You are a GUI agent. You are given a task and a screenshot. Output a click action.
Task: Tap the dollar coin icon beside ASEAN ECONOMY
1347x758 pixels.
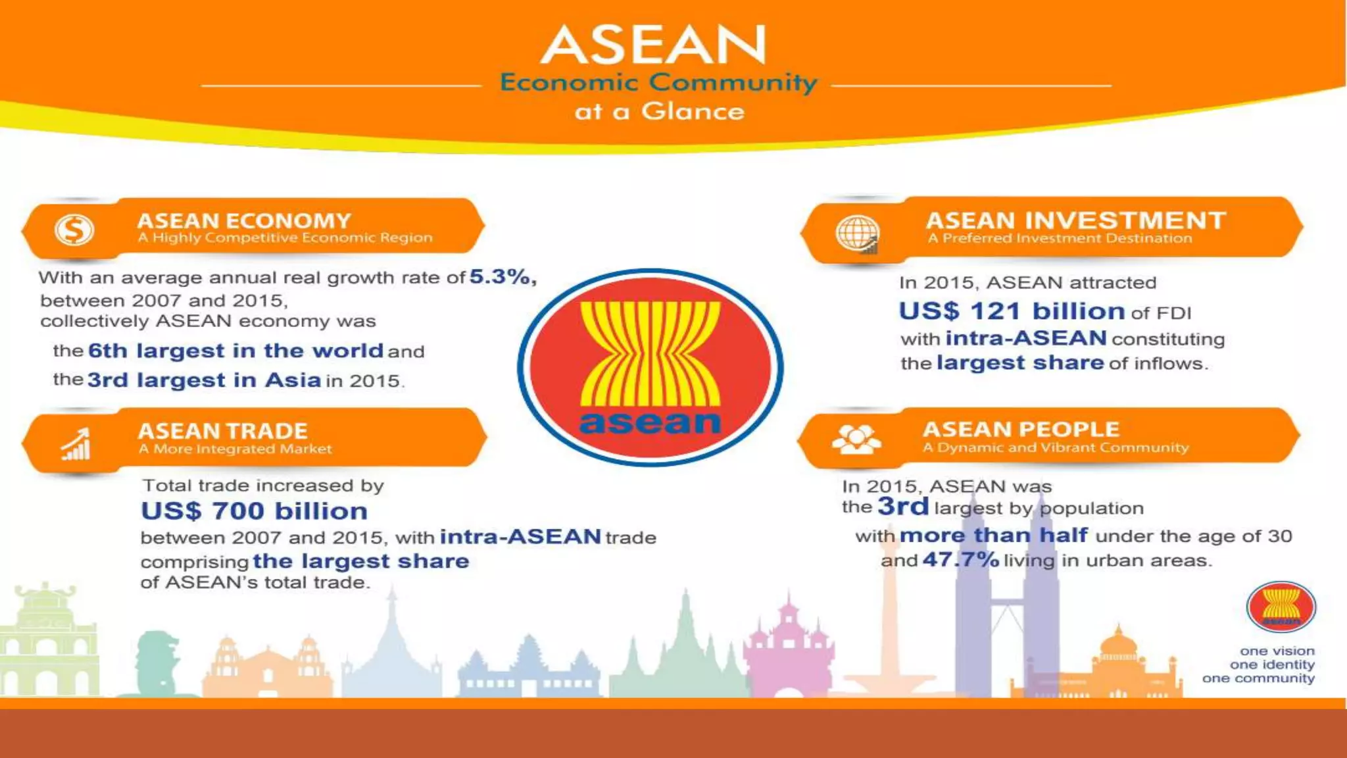[74, 230]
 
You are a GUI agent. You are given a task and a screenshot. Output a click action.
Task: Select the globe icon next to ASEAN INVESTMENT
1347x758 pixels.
[856, 233]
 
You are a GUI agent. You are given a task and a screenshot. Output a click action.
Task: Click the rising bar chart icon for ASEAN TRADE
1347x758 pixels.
[76, 444]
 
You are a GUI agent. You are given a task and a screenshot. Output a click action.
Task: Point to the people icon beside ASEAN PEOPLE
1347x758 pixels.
[856, 439]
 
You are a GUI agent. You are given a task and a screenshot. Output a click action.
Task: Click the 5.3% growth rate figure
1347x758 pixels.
[502, 277]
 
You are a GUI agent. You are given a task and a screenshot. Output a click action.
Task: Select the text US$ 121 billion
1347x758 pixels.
[1012, 311]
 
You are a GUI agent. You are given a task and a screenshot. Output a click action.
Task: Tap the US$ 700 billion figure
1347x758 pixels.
[254, 511]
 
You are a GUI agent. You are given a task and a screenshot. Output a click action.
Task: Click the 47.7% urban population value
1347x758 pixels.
[960, 560]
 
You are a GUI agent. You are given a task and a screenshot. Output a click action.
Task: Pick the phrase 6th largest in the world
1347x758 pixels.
[235, 351]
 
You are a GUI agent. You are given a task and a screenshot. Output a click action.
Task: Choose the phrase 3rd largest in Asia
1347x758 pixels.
[204, 380]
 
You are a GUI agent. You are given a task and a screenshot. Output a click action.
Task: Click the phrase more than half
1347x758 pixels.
[993, 535]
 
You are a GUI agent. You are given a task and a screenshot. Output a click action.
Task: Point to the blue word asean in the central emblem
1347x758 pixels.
[649, 422]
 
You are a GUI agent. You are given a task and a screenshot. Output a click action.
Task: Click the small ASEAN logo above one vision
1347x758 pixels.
[1281, 607]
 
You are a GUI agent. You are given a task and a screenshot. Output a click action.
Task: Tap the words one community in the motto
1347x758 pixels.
[1258, 678]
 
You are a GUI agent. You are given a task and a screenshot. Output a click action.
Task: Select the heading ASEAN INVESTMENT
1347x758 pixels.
[1075, 220]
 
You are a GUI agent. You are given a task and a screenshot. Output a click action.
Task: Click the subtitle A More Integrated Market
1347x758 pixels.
[235, 449]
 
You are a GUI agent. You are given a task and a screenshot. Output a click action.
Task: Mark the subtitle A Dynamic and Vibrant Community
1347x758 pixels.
[1056, 448]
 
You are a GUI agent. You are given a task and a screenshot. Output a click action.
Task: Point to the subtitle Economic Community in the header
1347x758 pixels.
[658, 83]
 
